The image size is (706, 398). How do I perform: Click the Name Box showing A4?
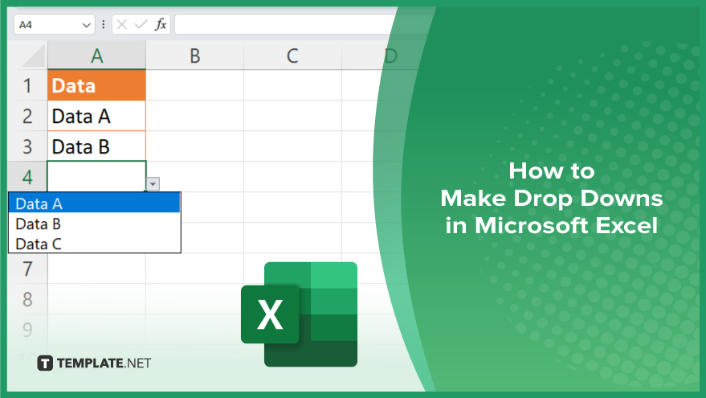point(54,24)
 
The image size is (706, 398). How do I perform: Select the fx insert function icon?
point(161,24)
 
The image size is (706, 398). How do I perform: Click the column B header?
point(194,56)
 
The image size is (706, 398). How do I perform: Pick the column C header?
point(292,56)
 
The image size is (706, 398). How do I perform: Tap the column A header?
point(96,56)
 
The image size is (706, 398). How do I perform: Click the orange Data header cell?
point(96,85)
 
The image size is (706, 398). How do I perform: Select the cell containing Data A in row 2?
point(96,116)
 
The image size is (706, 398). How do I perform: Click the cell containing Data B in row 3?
point(96,146)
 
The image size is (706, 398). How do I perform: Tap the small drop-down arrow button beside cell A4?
point(153,184)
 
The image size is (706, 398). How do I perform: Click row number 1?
point(27,86)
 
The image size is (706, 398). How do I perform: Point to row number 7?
point(27,269)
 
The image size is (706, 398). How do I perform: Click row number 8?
point(27,299)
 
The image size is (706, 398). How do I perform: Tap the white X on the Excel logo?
point(270,314)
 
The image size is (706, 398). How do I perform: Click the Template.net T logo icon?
point(45,363)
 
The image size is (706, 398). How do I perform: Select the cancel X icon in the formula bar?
point(121,24)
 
